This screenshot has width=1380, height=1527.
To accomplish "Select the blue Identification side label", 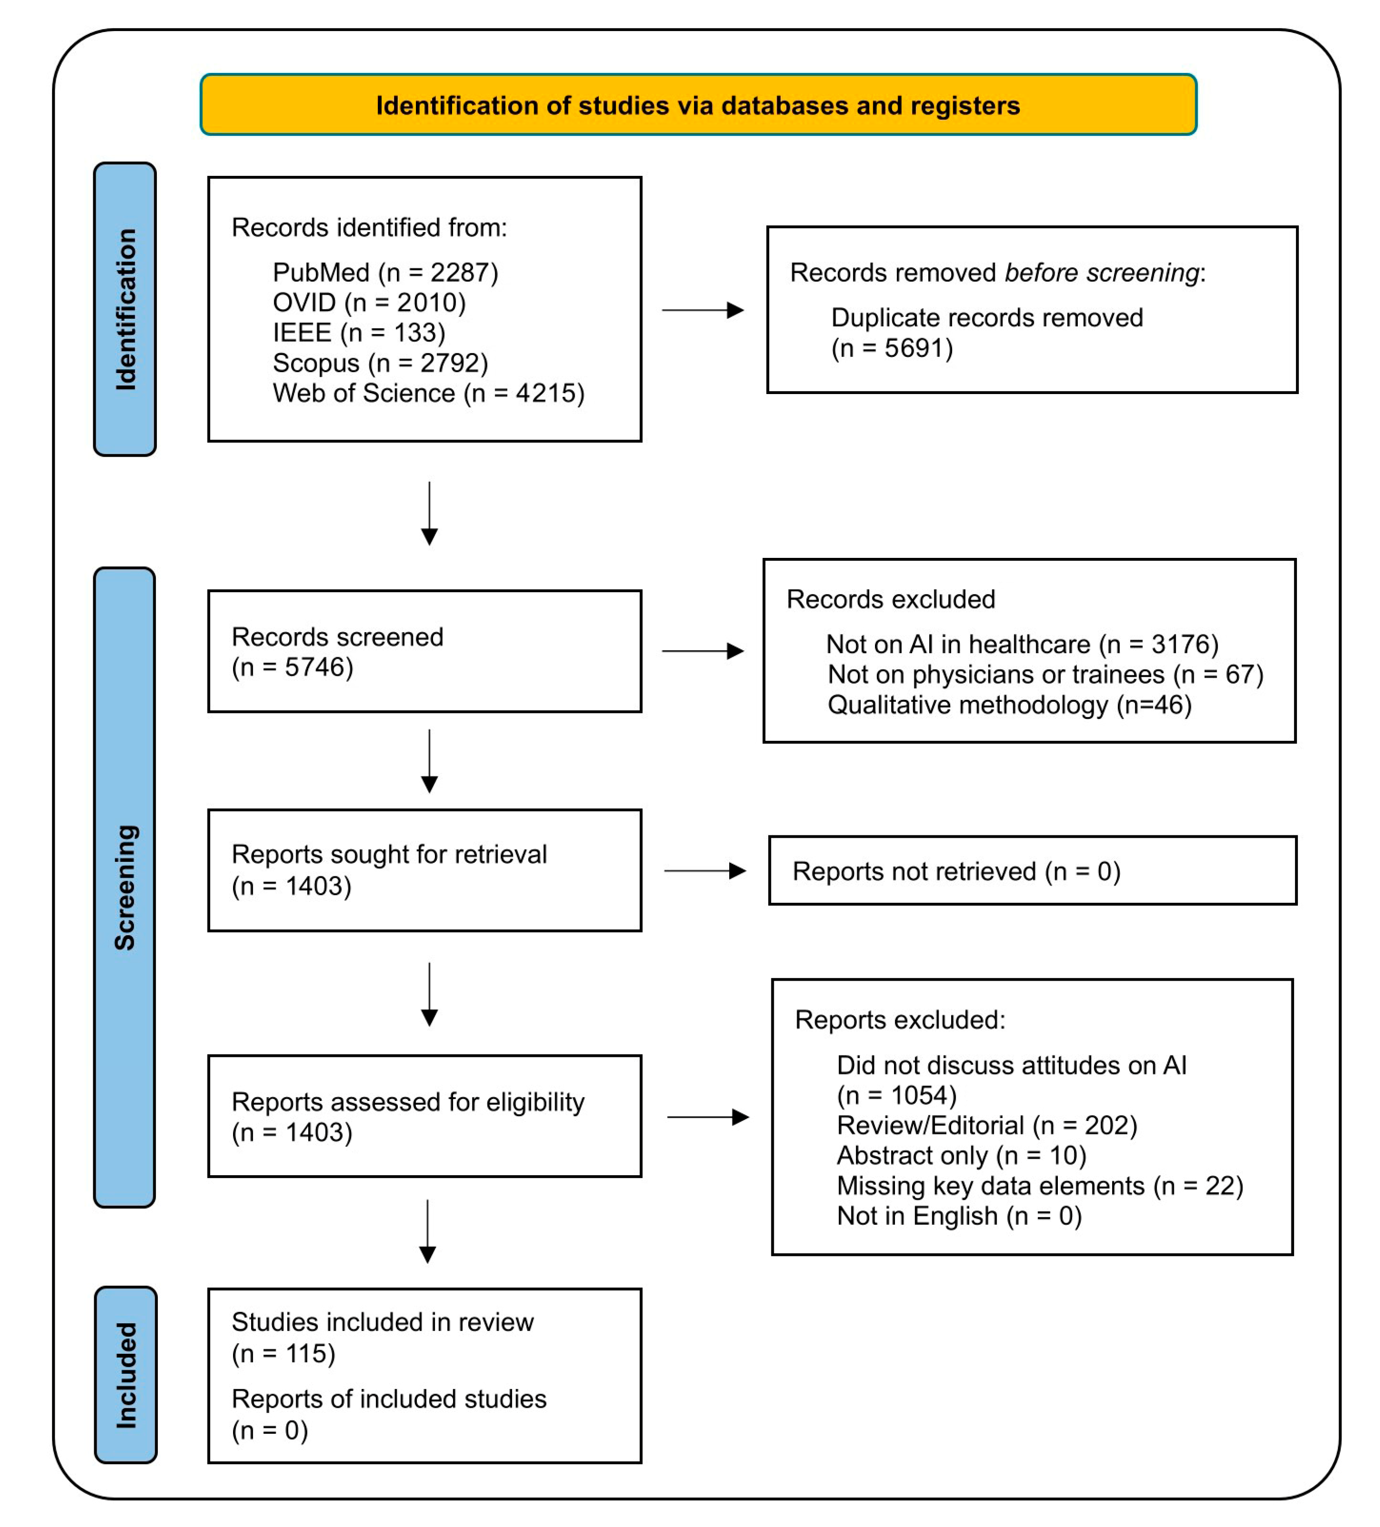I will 125,309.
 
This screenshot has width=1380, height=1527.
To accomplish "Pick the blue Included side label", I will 126,1375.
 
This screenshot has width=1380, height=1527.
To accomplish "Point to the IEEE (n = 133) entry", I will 358,332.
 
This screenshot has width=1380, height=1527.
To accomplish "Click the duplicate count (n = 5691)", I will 892,349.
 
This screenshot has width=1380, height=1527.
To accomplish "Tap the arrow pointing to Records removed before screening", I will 702,310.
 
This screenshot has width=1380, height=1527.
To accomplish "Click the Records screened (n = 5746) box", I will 424,651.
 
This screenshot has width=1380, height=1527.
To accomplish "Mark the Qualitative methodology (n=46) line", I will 1009,705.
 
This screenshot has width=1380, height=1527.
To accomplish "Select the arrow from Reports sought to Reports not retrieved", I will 705,871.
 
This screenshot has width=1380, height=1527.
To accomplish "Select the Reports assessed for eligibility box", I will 424,1116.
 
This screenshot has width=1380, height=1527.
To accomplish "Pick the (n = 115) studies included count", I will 283,1353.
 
